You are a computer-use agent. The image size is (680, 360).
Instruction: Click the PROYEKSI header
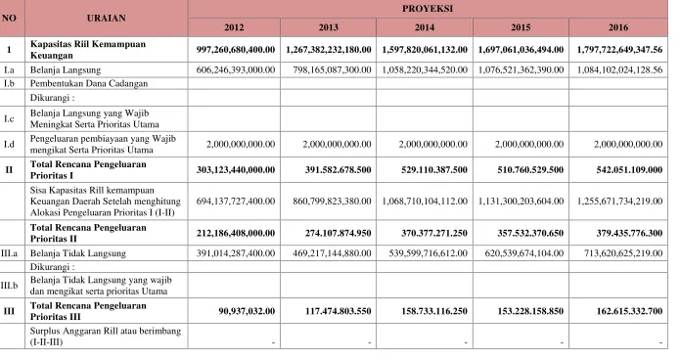click(428, 9)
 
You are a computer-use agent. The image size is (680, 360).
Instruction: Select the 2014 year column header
click(424, 27)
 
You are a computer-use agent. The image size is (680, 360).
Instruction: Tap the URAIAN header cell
click(107, 18)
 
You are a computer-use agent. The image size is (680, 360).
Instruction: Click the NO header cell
click(9, 18)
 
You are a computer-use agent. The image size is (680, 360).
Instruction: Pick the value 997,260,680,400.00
click(236, 50)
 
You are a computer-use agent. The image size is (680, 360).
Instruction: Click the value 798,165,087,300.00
click(332, 69)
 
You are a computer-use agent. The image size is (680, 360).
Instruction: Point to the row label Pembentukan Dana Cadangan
click(89, 83)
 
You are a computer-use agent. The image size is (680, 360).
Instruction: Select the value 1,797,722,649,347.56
click(619, 50)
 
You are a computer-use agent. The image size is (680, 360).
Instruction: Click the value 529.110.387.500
click(434, 169)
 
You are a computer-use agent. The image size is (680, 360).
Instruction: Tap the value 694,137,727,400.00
click(236, 202)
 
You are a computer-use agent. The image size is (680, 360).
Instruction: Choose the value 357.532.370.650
click(530, 233)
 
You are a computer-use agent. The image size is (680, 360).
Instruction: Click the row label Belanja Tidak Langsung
click(78, 253)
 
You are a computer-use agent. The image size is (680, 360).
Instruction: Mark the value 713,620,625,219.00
click(623, 253)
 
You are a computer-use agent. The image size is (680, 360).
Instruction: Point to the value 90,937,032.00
click(247, 311)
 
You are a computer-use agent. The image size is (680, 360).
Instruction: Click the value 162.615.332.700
click(629, 311)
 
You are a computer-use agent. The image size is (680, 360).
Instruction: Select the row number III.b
click(9, 286)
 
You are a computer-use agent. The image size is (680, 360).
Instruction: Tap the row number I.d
click(9, 144)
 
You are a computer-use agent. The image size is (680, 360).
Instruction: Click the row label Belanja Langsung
click(66, 69)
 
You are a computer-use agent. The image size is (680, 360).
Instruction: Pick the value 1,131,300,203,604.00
click(521, 202)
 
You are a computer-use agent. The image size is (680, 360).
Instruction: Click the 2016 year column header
click(618, 27)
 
